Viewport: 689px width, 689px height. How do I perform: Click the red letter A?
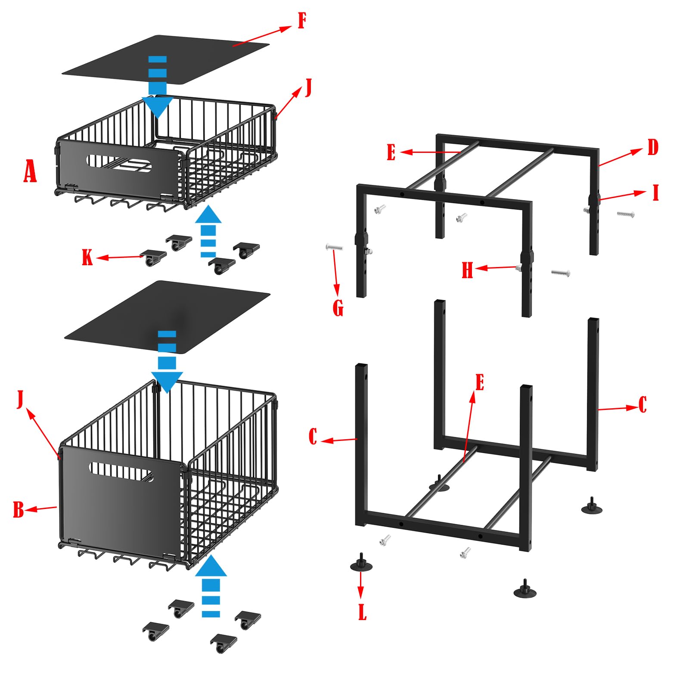(x=30, y=171)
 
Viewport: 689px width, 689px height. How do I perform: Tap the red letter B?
(x=18, y=509)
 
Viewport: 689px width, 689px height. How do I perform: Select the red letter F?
(x=302, y=21)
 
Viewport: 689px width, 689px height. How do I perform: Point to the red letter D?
(x=653, y=147)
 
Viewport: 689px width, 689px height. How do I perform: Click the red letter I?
(x=656, y=192)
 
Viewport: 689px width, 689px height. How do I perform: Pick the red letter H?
(x=467, y=270)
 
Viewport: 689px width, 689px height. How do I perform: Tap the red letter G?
(x=338, y=308)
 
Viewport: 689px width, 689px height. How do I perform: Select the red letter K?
(x=87, y=258)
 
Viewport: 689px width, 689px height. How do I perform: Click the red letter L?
(x=362, y=612)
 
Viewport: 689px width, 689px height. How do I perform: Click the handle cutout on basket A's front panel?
(x=119, y=163)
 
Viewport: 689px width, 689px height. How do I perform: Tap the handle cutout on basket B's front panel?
(x=121, y=472)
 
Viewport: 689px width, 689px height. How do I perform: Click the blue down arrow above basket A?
(x=158, y=87)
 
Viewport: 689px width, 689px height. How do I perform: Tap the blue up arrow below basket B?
(x=211, y=586)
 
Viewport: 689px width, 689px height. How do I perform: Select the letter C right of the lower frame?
(x=642, y=405)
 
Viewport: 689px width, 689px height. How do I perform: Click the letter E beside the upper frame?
(x=391, y=152)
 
